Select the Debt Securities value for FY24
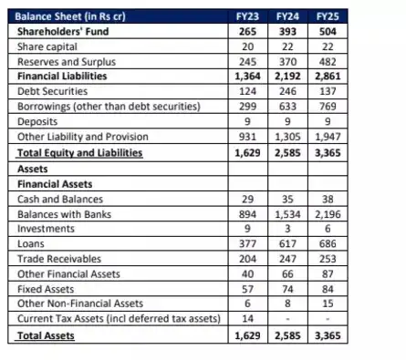[286, 90]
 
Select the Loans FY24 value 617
[286, 243]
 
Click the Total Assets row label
[47, 335]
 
